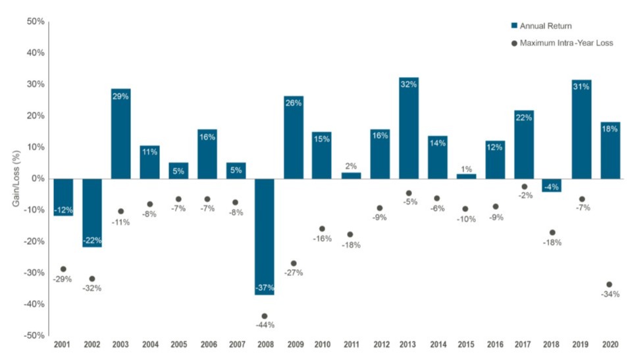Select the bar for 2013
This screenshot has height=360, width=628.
(408, 128)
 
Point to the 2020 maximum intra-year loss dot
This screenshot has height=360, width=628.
(609, 284)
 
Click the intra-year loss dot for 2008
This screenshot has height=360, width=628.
(265, 316)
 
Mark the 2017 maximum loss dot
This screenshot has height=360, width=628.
(524, 187)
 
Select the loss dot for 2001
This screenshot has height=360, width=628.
(63, 269)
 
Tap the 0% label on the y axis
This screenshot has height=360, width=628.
(38, 178)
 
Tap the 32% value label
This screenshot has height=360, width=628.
(408, 85)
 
